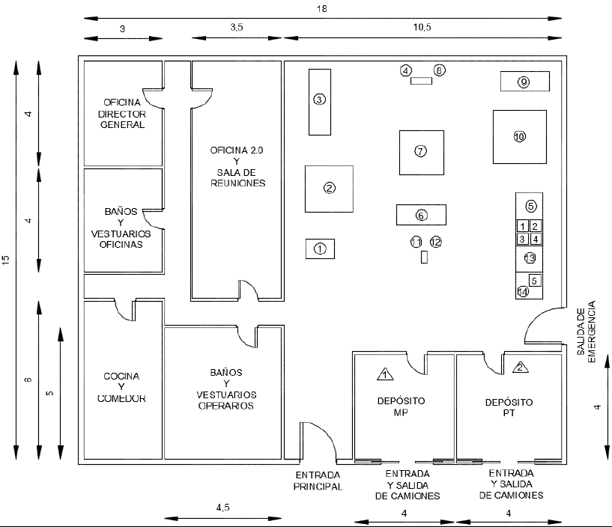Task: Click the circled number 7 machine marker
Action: (x=420, y=151)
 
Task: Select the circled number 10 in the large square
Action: (x=520, y=136)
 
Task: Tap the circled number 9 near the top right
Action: (x=524, y=82)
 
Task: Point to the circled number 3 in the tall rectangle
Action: (x=320, y=100)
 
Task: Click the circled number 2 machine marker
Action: (x=330, y=188)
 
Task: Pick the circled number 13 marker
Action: (x=530, y=258)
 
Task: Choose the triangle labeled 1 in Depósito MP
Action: (x=385, y=374)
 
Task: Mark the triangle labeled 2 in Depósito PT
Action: (x=521, y=367)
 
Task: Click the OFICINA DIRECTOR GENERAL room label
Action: (x=122, y=114)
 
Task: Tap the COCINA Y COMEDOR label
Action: (x=121, y=387)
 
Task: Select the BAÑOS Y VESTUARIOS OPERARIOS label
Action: (x=226, y=389)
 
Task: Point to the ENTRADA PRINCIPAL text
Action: (x=318, y=481)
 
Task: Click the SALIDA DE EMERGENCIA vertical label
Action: (x=587, y=332)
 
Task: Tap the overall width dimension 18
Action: (x=322, y=8)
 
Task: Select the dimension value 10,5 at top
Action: (x=422, y=27)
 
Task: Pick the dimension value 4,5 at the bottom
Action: (x=223, y=508)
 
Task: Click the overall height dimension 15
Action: (x=6, y=261)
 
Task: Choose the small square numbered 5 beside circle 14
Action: (x=535, y=281)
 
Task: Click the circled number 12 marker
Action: (x=435, y=242)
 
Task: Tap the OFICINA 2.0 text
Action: (x=237, y=150)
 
